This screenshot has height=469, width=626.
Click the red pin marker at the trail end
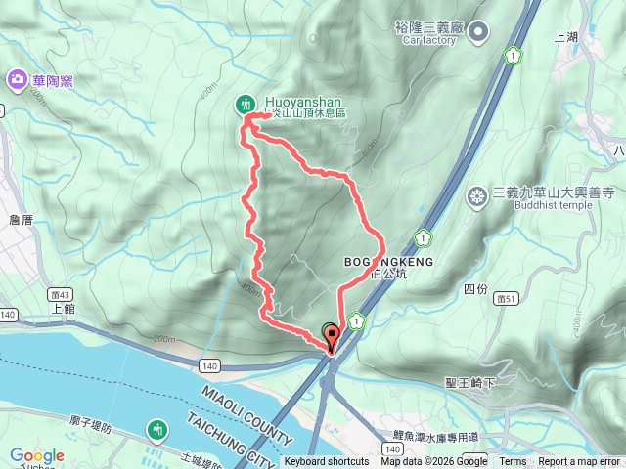(x=330, y=337)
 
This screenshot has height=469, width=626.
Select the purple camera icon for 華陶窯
(x=16, y=78)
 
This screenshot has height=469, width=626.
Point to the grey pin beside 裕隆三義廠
(x=478, y=35)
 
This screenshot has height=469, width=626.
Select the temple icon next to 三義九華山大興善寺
(x=477, y=196)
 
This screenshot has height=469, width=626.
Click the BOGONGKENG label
(x=388, y=262)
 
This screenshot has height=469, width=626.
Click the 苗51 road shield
(x=505, y=298)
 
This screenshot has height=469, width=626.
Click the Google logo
(x=36, y=455)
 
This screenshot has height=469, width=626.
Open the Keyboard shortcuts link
(x=327, y=462)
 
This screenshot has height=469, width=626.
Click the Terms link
(x=513, y=462)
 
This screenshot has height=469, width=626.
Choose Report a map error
(x=579, y=462)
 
